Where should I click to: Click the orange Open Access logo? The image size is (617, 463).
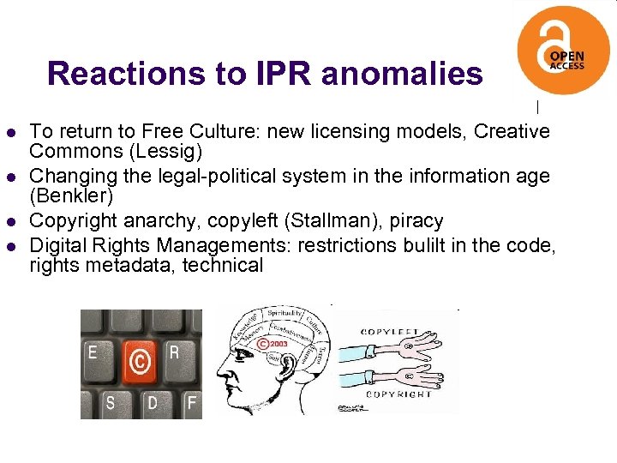tap(563, 49)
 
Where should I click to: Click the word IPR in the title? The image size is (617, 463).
tap(284, 74)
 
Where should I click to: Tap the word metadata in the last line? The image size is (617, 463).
tap(122, 265)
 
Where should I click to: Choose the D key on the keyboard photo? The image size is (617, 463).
tap(151, 401)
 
